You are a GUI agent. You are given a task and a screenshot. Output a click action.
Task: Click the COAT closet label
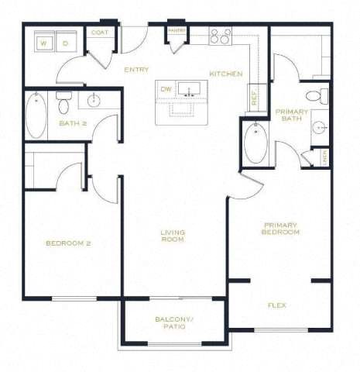coord(100,33)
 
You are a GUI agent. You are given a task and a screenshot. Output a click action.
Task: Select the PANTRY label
coord(177,31)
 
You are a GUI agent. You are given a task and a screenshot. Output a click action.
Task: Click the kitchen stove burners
coord(221,36)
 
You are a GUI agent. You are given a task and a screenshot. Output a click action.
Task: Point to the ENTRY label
coord(136,70)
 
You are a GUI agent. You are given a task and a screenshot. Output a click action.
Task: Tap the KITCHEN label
coord(226,74)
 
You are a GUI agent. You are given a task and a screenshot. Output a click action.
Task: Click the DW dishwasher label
coord(166,89)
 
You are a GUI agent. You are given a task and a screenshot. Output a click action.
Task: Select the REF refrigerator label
coord(253,98)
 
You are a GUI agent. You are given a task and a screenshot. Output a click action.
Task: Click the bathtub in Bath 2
coord(36,115)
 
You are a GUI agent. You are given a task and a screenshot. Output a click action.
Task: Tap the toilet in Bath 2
coord(63,101)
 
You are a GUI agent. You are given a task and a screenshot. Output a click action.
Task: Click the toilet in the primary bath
coord(314,97)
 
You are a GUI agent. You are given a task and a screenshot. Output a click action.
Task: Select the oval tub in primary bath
coord(255,143)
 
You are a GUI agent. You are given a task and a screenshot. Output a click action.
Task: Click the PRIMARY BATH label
coord(292,115)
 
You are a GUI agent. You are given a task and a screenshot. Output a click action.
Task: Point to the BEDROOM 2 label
coord(68,243)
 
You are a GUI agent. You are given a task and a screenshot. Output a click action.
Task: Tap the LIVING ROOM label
coord(172,236)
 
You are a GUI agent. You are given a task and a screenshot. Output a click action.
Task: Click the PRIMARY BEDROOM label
coord(280,229)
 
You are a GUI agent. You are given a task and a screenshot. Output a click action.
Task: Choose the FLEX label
coord(276,305)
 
